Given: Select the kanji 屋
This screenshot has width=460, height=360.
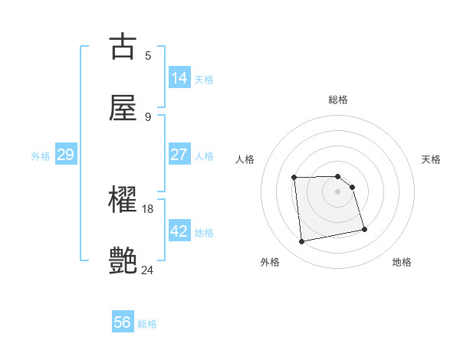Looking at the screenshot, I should pos(123,108).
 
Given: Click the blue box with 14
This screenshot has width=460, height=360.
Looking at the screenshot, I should pos(179,78).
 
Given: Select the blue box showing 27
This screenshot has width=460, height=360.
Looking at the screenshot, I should pos(179,155).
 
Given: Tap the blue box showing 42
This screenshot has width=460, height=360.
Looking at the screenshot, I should pos(179,231).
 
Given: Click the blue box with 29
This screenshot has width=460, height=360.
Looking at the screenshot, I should pos(65,155).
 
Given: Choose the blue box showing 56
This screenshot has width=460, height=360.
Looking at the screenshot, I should pos(123,322).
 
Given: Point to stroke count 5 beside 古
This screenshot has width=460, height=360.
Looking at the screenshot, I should pos(148,55).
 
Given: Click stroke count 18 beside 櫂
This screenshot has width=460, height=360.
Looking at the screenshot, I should pos(148,208).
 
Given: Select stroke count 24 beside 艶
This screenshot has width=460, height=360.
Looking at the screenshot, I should pos(148,270).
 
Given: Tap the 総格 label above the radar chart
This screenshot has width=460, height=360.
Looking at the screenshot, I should pos(338,100).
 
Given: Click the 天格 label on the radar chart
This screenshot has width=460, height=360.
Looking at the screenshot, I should pos(432,159).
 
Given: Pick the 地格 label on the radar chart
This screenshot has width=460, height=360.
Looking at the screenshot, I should pos(402,262).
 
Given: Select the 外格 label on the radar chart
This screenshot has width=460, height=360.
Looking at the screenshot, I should pos(271,262).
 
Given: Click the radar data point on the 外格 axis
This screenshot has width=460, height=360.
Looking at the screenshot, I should pos(302,242).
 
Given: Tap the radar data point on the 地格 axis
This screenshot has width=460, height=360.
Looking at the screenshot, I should pos(364,229).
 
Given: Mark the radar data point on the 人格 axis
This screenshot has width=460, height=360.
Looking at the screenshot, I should pos(294,178).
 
